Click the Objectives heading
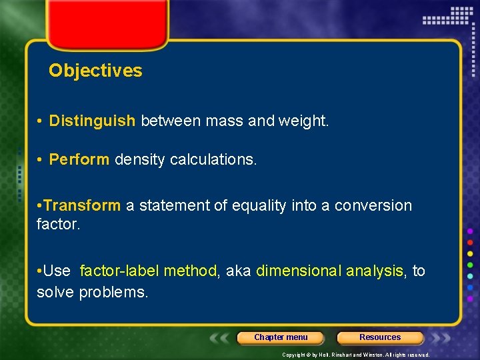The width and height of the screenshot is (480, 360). [x=95, y=71]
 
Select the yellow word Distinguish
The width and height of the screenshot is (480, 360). [x=92, y=121]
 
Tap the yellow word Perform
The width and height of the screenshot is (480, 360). [x=79, y=160]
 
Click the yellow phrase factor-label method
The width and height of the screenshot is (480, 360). [x=148, y=271]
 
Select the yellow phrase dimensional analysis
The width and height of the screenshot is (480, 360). [x=330, y=271]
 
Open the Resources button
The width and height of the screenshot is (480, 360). [x=380, y=337]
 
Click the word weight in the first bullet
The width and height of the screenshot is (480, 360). [x=306, y=121]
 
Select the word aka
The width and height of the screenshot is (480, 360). [x=238, y=271]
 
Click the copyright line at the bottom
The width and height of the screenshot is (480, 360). [x=356, y=355]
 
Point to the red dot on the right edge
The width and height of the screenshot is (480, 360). [x=470, y=242]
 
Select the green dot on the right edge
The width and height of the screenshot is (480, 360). [x=470, y=265]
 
